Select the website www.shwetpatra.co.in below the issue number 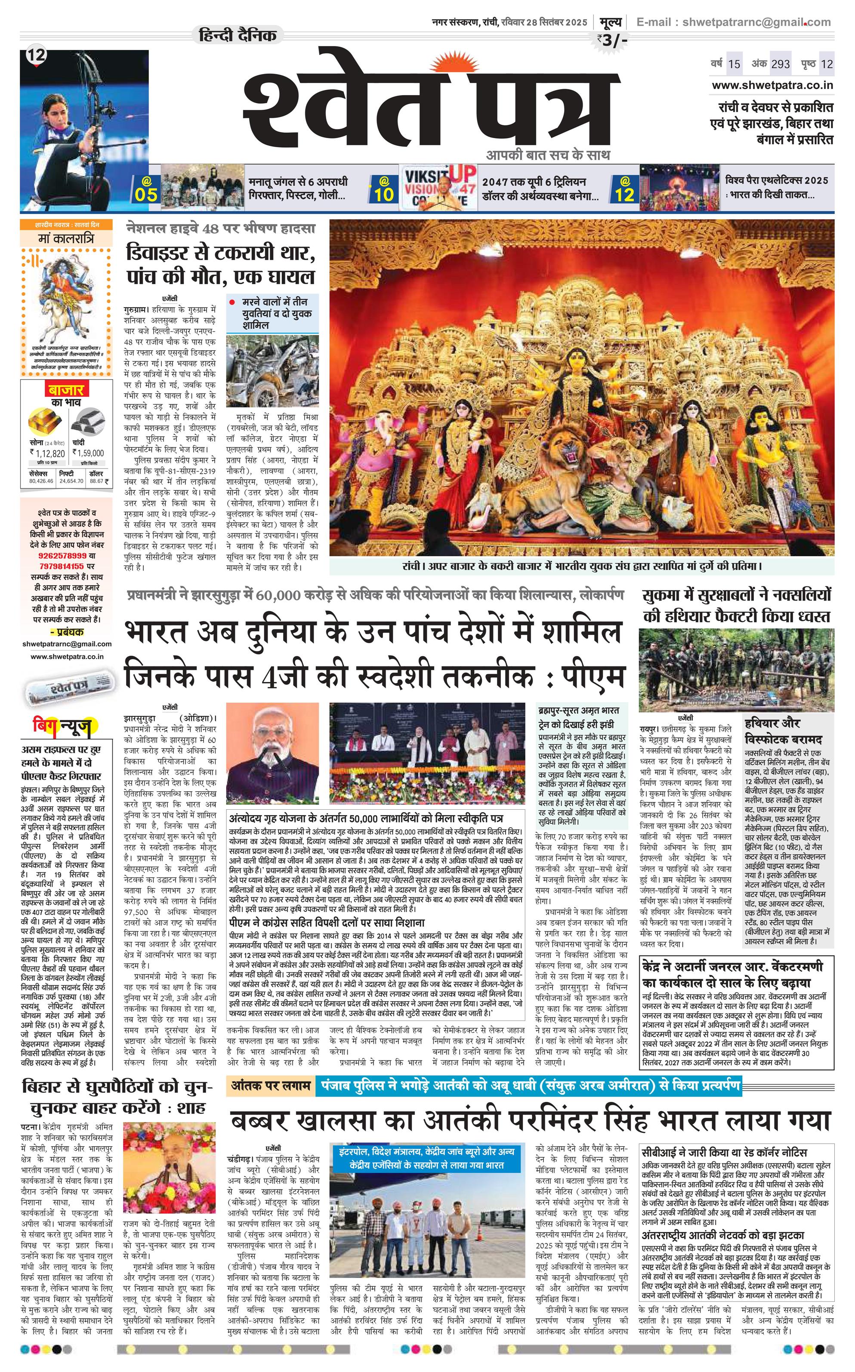[772, 85]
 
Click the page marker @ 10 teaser [383, 189]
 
